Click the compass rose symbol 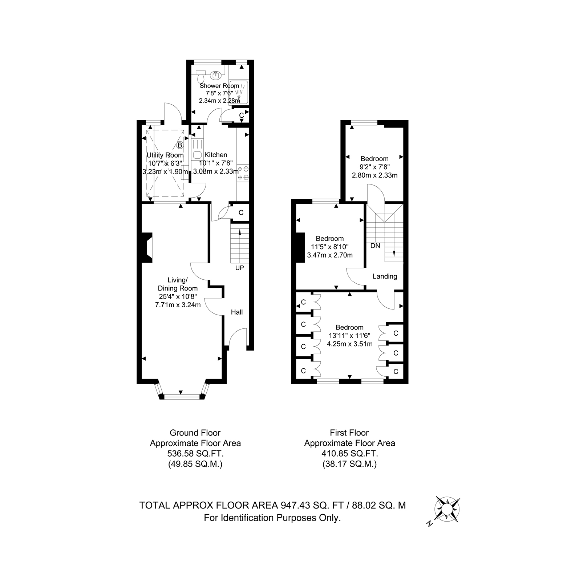tap(448, 510)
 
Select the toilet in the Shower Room tap(201, 76)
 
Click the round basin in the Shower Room tap(216, 76)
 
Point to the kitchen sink tap(197, 154)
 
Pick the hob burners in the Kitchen tap(243, 173)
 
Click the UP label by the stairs tap(239, 268)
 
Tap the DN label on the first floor tap(375, 246)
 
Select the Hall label tap(237, 312)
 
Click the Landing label tap(385, 276)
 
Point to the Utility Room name tap(165, 155)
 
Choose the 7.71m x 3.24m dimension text tap(178, 305)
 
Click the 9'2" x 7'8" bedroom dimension tap(374, 167)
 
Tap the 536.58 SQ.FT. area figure tap(195, 453)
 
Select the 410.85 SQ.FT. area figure tap(349, 453)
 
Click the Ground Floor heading tap(195, 433)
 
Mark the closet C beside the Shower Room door tap(241, 116)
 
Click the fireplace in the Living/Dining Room tap(146, 248)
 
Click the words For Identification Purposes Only tap(272, 518)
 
